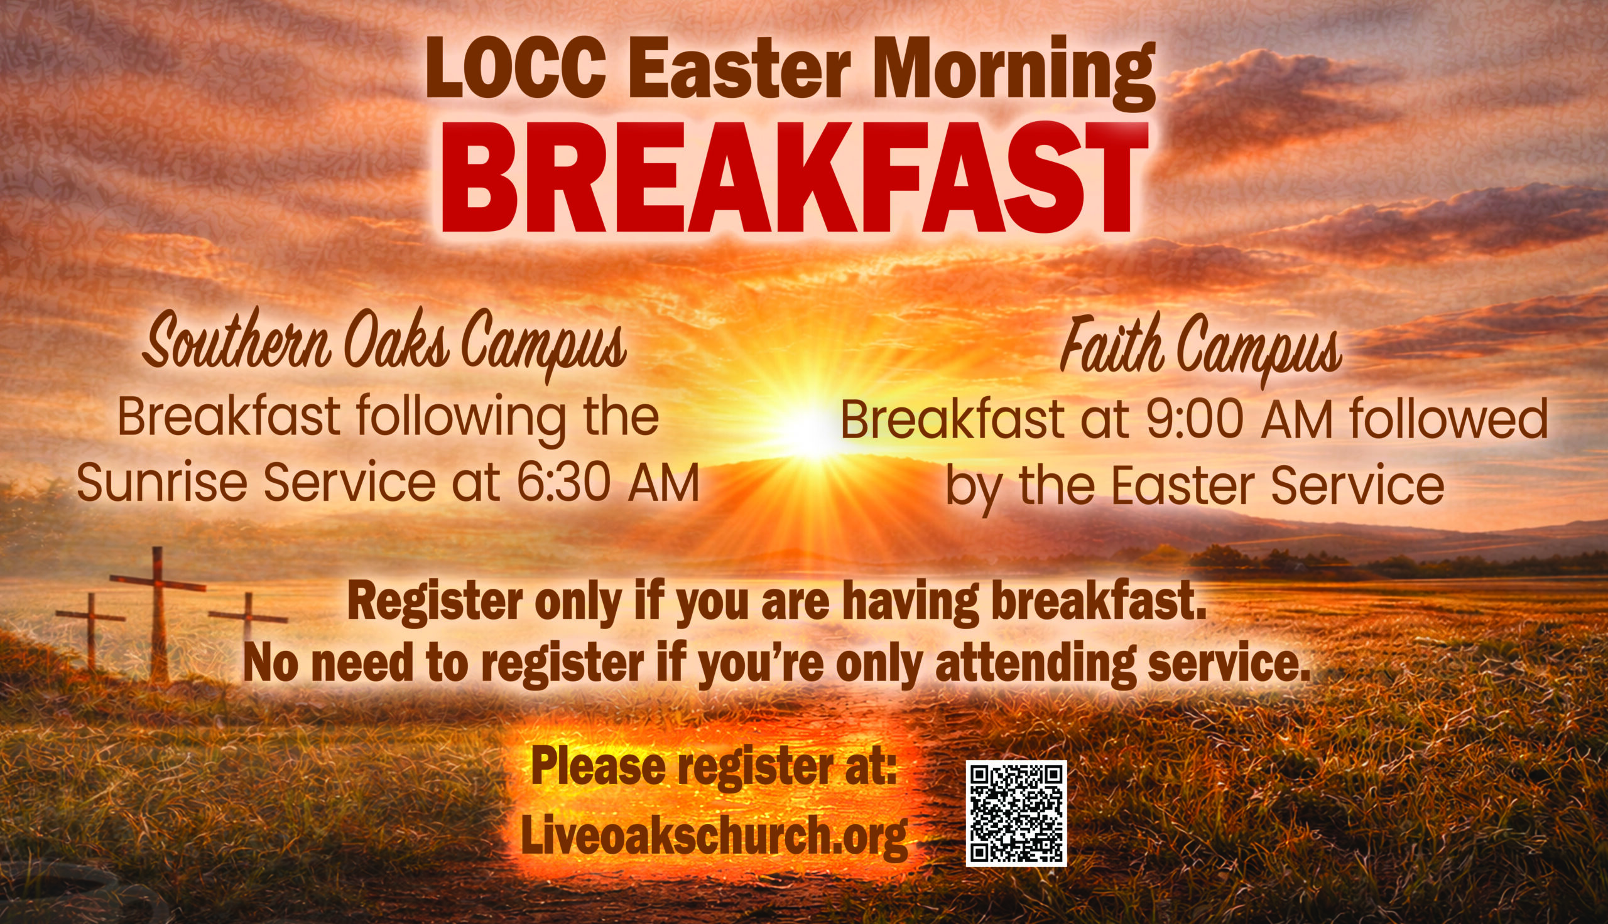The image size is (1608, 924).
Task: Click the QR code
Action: click(x=1016, y=813)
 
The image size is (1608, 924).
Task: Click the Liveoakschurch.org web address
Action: click(x=714, y=836)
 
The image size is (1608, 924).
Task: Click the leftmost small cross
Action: click(x=90, y=628)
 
